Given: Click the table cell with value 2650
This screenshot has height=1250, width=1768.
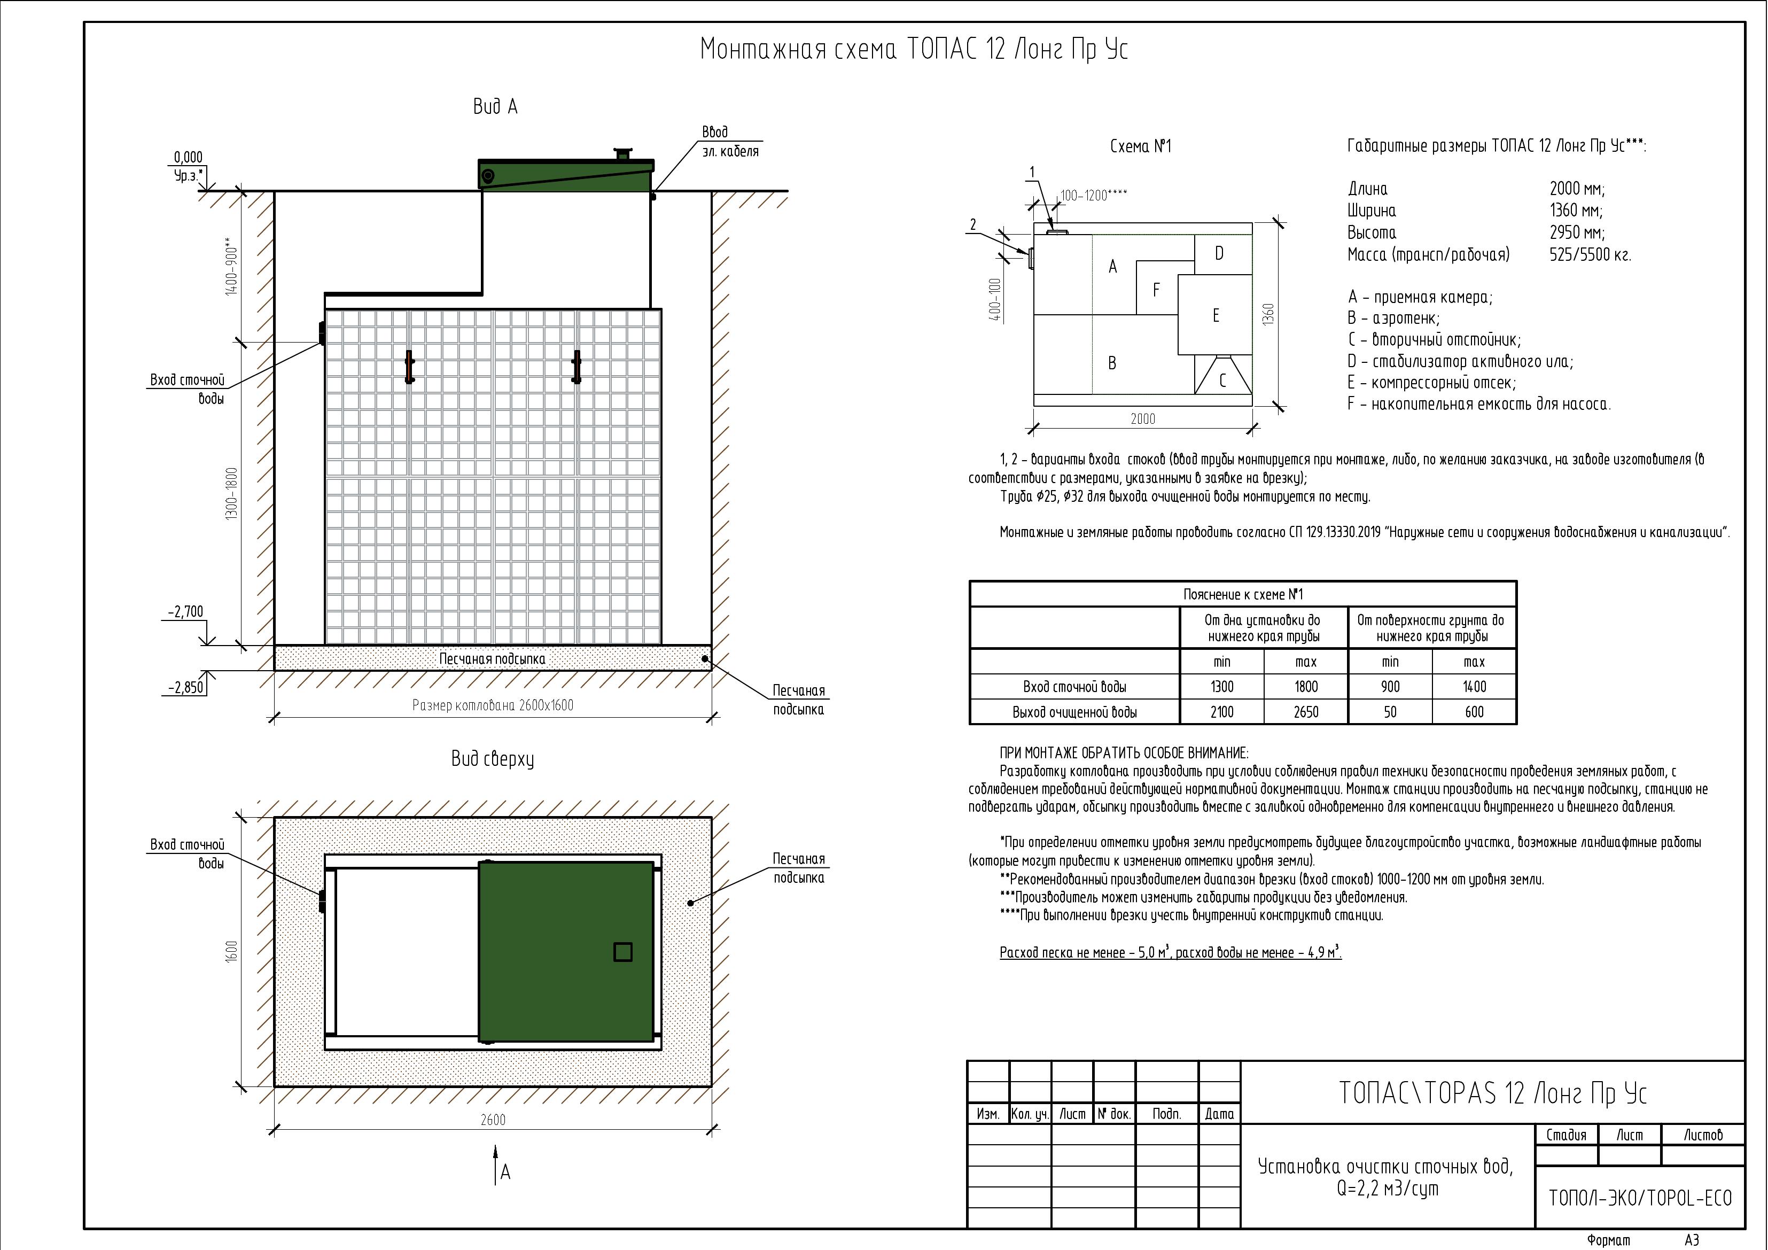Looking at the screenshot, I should (x=1305, y=712).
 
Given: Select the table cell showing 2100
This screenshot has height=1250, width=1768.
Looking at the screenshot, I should (x=1221, y=712).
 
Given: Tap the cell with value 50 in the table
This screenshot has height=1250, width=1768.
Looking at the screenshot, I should (x=1389, y=712).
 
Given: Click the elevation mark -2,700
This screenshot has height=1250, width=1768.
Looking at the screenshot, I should (x=185, y=612).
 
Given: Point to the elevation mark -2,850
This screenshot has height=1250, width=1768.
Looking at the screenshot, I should (x=185, y=688).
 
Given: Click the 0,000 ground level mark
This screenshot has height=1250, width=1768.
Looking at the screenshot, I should (x=188, y=158).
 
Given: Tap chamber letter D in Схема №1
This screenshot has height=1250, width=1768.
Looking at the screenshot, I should (x=1219, y=253).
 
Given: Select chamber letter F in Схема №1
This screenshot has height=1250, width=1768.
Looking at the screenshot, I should (x=1156, y=290).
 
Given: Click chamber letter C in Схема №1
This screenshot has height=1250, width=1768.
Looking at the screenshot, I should (x=1222, y=381).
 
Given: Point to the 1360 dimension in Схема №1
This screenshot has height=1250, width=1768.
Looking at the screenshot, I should (x=1269, y=314).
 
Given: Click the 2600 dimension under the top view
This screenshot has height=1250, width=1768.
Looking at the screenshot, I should (x=493, y=1120).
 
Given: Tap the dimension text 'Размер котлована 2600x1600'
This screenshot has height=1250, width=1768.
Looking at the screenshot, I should (x=493, y=705).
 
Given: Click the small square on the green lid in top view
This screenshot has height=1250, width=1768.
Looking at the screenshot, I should (x=623, y=952).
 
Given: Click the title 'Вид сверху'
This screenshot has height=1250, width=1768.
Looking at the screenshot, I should (x=493, y=759).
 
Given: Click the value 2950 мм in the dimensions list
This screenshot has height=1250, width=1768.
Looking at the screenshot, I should (x=1577, y=232).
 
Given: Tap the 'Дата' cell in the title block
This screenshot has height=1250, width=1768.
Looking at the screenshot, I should (x=1219, y=1114).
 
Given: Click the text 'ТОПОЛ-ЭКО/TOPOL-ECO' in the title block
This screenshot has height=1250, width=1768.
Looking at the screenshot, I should (x=1640, y=1198).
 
